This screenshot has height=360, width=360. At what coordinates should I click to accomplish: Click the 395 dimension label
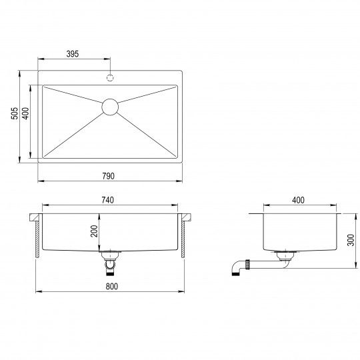click(73, 54)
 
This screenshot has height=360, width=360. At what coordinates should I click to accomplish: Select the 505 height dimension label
click(15, 113)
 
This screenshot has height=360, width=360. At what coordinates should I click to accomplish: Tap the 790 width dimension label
click(108, 176)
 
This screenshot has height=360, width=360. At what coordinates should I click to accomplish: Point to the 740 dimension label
click(108, 200)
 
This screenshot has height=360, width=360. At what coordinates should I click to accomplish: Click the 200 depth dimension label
click(94, 231)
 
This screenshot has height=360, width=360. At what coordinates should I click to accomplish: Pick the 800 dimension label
click(112, 286)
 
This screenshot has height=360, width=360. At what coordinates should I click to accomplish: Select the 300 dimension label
click(351, 240)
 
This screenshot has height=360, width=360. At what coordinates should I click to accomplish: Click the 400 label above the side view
click(298, 200)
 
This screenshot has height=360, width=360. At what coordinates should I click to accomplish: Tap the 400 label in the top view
click(25, 113)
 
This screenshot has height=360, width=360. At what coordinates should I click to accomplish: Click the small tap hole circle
click(110, 78)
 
